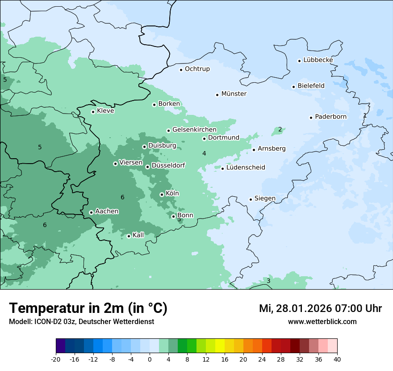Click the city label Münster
pyautogui.click(x=234, y=94)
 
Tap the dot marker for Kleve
pyautogui.click(x=93, y=112)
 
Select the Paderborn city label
pyautogui.click(x=330, y=117)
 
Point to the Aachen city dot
pyautogui.click(x=91, y=212)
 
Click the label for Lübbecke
pyautogui.click(x=318, y=60)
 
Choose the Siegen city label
pyautogui.click(x=265, y=198)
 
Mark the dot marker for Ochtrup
pyautogui.click(x=181, y=69)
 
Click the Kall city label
pyautogui.click(x=138, y=235)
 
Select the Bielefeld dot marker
pyautogui.click(x=293, y=87)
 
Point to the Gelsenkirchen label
pyautogui.click(x=194, y=130)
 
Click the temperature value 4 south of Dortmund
pyautogui.click(x=204, y=153)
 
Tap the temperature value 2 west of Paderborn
pyautogui.click(x=280, y=130)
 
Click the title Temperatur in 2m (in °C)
pyautogui.click(x=88, y=308)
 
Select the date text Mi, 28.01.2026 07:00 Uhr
pyautogui.click(x=320, y=308)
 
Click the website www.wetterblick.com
pyautogui.click(x=322, y=321)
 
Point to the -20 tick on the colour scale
pyautogui.click(x=56, y=359)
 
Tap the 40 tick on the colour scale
pyautogui.click(x=337, y=359)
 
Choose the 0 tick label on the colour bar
pyautogui.click(x=150, y=359)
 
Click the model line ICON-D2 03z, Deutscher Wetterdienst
pyautogui.click(x=81, y=321)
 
